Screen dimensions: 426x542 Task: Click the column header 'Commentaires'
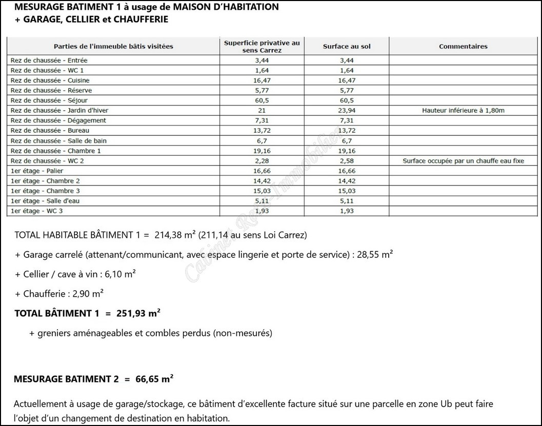point(463,46)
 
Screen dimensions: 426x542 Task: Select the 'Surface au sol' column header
point(347,46)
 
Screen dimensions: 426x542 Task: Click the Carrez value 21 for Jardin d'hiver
point(262,110)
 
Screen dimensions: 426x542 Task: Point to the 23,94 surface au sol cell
point(347,110)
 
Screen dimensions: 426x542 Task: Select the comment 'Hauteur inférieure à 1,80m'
point(463,110)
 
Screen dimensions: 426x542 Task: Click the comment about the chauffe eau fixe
point(463,160)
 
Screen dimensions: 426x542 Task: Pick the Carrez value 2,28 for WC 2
point(262,160)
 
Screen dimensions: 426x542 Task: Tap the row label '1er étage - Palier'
point(34,171)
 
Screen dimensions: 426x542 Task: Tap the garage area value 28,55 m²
point(376,255)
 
